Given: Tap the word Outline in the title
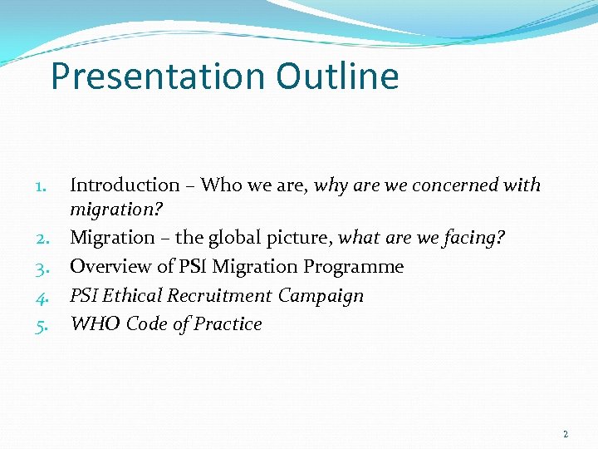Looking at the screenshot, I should (338, 76).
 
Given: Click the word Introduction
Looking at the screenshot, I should (125, 185).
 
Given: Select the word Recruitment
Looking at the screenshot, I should (220, 296).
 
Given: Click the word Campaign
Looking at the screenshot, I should (321, 296).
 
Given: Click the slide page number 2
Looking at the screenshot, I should (566, 434).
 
